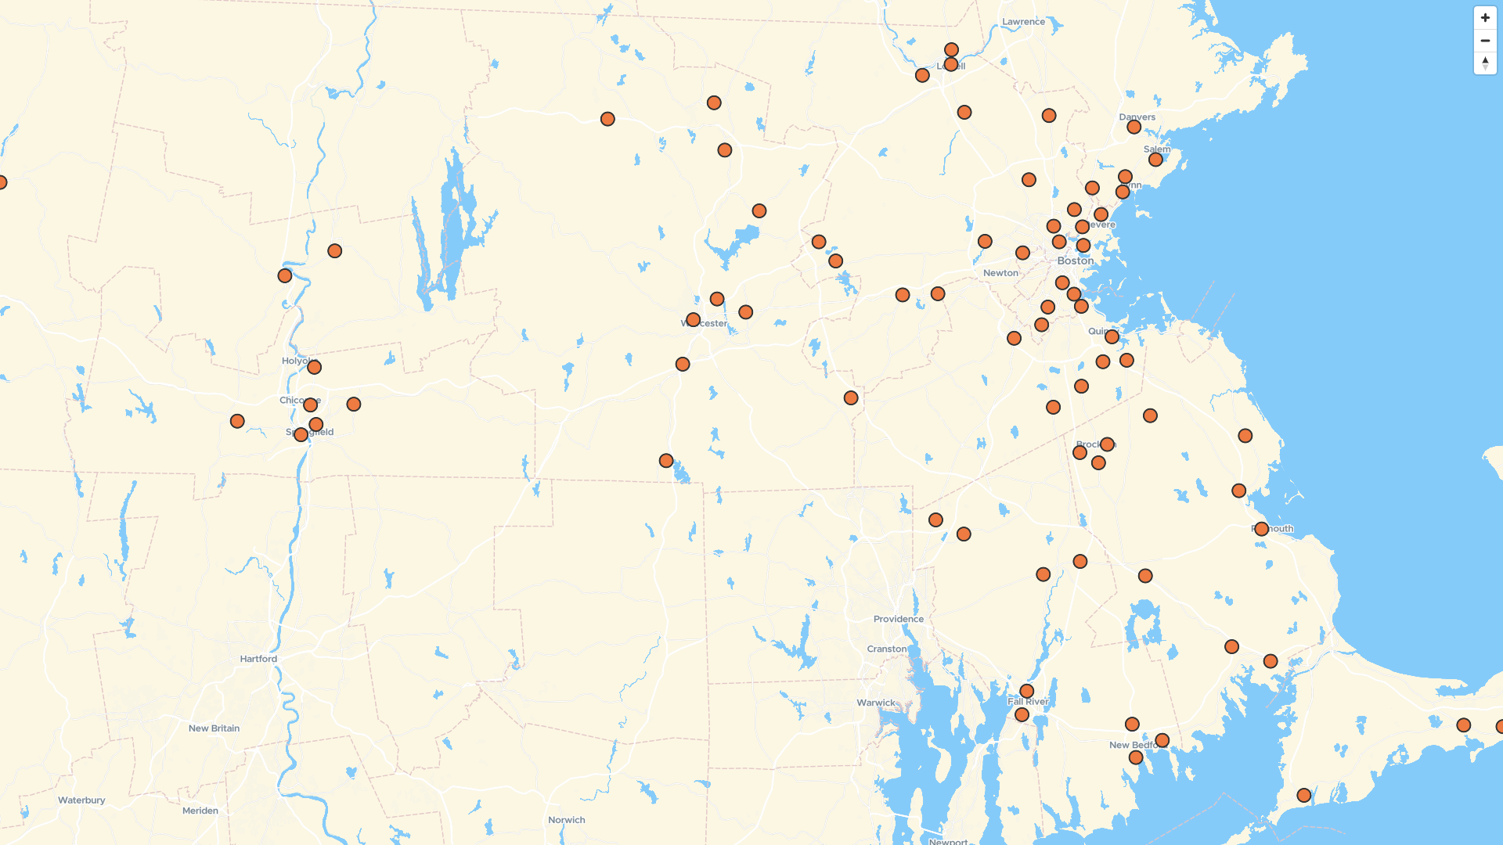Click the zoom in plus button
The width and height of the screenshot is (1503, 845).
pyautogui.click(x=1485, y=18)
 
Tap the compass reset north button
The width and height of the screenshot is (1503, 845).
pyautogui.click(x=1485, y=63)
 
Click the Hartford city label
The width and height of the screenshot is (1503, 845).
pyautogui.click(x=258, y=659)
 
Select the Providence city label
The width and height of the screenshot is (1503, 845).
pyautogui.click(x=898, y=619)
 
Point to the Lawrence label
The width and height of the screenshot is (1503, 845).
pyautogui.click(x=1023, y=22)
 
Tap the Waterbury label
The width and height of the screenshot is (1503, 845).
pyautogui.click(x=81, y=800)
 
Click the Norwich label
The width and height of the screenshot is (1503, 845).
pyautogui.click(x=566, y=820)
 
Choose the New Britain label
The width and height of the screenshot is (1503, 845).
pyautogui.click(x=214, y=728)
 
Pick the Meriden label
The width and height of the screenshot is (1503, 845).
pyautogui.click(x=200, y=811)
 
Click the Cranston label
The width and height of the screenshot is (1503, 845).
pyautogui.click(x=886, y=649)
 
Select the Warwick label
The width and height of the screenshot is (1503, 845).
pyautogui.click(x=875, y=703)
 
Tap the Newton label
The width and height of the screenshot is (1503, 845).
pyautogui.click(x=1000, y=273)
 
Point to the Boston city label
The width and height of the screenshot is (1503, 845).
pyautogui.click(x=1075, y=261)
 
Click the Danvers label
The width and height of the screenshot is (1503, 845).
pyautogui.click(x=1137, y=117)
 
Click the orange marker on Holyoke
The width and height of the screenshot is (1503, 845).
pyautogui.click(x=314, y=367)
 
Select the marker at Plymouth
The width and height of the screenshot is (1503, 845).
pyautogui.click(x=1261, y=529)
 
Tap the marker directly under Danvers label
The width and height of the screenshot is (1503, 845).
pyautogui.click(x=1134, y=127)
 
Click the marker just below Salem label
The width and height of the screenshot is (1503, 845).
pyautogui.click(x=1155, y=160)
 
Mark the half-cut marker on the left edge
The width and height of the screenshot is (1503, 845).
pyautogui.click(x=2, y=182)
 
